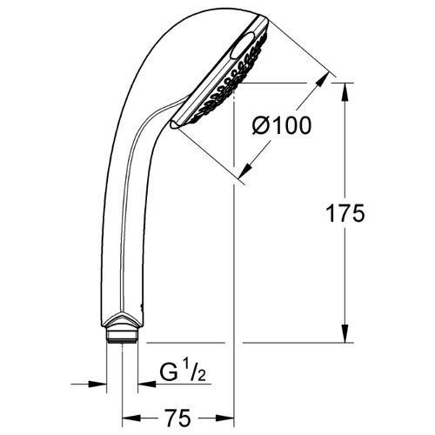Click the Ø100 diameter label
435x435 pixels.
pyautogui.click(x=282, y=125)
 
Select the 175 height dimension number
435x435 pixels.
pyautogui.click(x=345, y=213)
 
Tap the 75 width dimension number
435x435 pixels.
pyautogui.click(x=178, y=418)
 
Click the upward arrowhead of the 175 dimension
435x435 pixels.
pyautogui.click(x=345, y=92)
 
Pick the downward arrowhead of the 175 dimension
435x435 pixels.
pyautogui.click(x=345, y=333)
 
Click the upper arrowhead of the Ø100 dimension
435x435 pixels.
pyautogui.click(x=323, y=79)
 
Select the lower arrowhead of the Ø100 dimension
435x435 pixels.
pyautogui.click(x=245, y=171)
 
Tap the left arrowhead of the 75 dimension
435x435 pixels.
pyautogui.click(x=131, y=418)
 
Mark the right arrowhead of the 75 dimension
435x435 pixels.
pyautogui.click(x=225, y=418)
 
